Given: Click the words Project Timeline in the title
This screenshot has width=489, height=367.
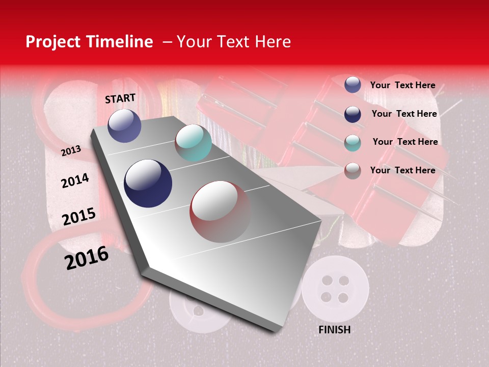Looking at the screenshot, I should point(89,42).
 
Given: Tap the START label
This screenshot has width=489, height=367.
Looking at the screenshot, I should point(120,98).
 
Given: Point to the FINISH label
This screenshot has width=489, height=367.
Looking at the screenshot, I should point(334,330).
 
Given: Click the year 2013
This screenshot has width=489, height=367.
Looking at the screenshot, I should point(71,151).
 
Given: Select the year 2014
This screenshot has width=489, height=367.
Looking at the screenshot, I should point(75,180).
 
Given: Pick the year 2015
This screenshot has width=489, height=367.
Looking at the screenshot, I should point(78,217).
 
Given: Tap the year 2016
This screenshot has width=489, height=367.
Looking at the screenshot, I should point(86,258).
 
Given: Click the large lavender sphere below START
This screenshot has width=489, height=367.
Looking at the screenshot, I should point(124,125).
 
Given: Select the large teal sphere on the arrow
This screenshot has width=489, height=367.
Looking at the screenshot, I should point(193,143).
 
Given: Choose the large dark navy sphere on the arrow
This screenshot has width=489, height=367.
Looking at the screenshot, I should point(148,183).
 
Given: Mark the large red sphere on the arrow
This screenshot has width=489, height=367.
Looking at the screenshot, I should point(220,212).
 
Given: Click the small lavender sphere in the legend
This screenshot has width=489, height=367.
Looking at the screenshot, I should point(352,85).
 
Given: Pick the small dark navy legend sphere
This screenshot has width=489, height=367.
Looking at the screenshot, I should point(352,114).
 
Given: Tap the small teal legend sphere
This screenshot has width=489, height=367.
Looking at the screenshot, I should point(352,143).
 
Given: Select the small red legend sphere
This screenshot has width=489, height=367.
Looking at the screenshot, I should point(352,171).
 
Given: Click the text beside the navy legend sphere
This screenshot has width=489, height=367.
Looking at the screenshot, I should point(404,114).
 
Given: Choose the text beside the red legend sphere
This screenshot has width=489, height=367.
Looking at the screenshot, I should point(402,170).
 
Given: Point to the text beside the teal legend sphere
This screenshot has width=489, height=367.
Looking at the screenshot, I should point(405,142).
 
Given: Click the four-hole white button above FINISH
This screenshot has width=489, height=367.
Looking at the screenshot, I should point(335,289).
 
